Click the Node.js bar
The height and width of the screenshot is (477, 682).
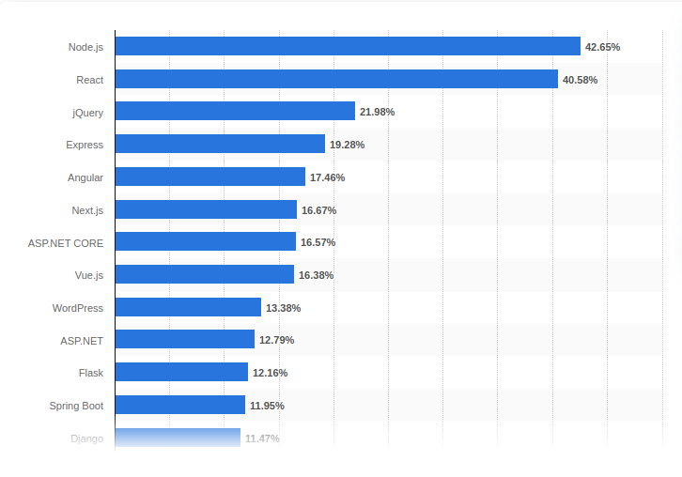[x=348, y=47]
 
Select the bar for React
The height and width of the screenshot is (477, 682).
[x=336, y=80]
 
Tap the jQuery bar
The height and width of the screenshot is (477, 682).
[x=235, y=112]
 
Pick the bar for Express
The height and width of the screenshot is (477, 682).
[x=220, y=145]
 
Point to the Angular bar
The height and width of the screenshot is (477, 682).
[x=210, y=177]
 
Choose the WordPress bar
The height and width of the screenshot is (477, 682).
[x=188, y=308]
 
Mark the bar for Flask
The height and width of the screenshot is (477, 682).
[x=181, y=373]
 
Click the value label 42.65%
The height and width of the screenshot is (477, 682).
[x=602, y=47]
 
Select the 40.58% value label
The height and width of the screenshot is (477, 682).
[x=580, y=80]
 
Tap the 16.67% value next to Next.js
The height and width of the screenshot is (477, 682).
[x=318, y=210]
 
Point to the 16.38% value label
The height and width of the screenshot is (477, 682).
[x=316, y=275]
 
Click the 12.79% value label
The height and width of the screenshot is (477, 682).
[x=276, y=340]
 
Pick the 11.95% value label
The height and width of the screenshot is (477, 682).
[x=267, y=406]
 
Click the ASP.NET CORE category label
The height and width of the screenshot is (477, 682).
[x=66, y=242]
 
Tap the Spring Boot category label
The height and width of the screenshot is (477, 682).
[x=76, y=406]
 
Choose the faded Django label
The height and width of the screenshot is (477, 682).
[x=86, y=439]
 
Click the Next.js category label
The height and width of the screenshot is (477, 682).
[x=87, y=210]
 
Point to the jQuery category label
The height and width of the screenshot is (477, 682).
[x=87, y=112]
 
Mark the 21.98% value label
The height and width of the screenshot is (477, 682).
[x=377, y=112]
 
